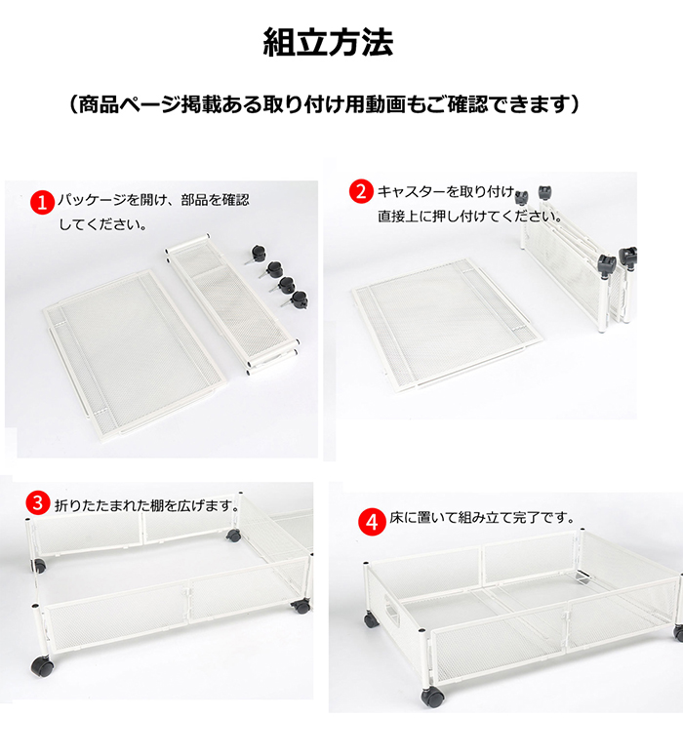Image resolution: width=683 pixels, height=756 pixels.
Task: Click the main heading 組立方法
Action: (x=328, y=42)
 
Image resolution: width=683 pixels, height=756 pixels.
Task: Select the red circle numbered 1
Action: (x=43, y=203)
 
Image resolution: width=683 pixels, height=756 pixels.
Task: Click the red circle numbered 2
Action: (x=361, y=191)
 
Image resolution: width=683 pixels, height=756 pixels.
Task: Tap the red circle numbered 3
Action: (x=38, y=503)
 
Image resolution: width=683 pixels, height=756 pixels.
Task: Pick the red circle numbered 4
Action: (x=372, y=522)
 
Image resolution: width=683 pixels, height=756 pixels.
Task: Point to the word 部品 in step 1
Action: (x=194, y=200)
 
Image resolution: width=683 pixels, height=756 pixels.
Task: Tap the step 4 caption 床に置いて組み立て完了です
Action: (x=482, y=518)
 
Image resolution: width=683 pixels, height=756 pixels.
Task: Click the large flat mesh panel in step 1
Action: (x=134, y=354)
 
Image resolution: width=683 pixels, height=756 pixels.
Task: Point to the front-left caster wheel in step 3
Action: (x=43, y=666)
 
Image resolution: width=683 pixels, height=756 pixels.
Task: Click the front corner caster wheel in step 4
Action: (x=432, y=697)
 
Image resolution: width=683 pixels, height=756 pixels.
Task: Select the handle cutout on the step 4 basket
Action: (x=391, y=609)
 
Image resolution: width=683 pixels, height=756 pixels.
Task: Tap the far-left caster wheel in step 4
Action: (x=371, y=620)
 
